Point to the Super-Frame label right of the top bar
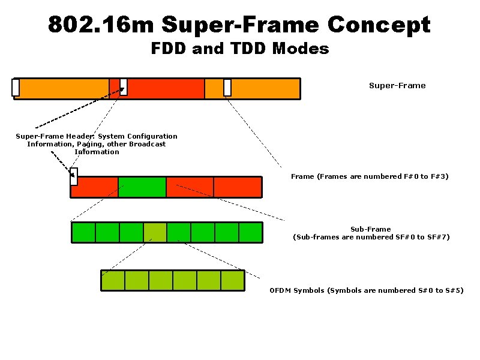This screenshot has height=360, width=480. (397, 86)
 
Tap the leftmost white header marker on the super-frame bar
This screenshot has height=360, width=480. (16, 88)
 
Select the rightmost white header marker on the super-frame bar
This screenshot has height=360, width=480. (227, 88)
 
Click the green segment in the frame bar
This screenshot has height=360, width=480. (142, 187)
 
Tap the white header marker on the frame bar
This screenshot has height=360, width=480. (74, 176)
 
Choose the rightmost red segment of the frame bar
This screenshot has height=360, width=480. (238, 187)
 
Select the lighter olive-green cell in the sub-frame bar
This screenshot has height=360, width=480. (155, 232)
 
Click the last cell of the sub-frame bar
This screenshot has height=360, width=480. (251, 232)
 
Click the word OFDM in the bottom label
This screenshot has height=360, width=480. (280, 290)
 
